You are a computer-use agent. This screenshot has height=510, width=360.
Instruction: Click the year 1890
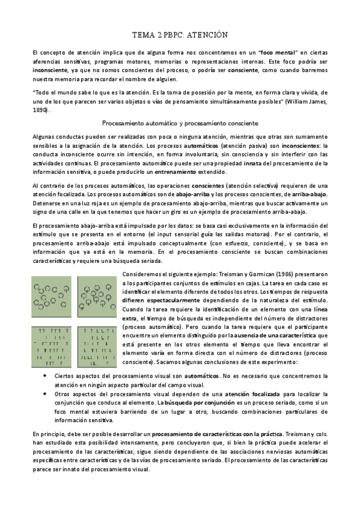point(40,111)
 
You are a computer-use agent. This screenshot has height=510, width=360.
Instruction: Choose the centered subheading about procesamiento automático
point(180,123)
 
